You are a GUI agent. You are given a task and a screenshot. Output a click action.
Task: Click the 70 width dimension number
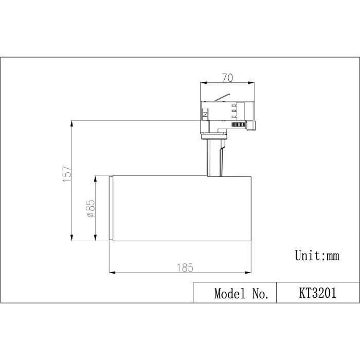[228, 78]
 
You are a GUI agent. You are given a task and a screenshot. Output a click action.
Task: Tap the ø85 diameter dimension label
[90, 209]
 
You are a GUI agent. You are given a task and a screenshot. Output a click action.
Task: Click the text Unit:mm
[317, 255]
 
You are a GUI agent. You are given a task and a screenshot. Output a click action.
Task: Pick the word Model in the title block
[230, 294]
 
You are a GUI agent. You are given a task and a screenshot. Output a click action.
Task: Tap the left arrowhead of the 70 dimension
[203, 83]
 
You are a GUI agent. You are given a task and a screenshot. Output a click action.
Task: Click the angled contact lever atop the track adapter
[221, 97]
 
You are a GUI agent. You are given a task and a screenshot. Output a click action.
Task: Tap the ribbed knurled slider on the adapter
[237, 125]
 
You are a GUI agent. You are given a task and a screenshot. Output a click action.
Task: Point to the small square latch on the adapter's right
[251, 125]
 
